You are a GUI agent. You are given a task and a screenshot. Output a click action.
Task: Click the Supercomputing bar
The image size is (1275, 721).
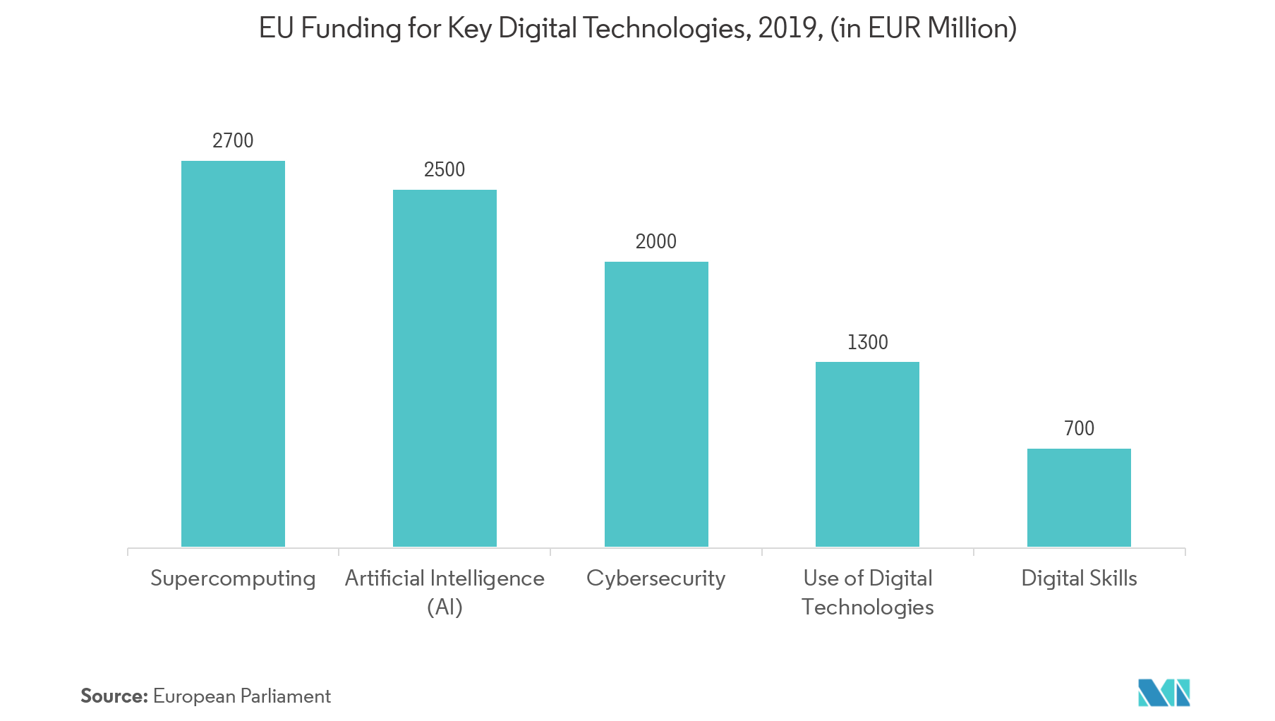[233, 353]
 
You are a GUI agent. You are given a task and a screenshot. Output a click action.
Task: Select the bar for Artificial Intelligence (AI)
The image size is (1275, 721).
[445, 367]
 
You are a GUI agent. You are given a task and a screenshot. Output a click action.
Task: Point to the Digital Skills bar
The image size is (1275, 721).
[1079, 497]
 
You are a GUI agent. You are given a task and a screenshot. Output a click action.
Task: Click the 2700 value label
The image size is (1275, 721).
[233, 140]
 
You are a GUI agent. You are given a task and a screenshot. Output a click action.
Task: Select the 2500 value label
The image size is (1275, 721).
[445, 169]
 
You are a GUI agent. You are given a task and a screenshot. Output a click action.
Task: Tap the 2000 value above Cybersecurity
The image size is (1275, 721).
[656, 241]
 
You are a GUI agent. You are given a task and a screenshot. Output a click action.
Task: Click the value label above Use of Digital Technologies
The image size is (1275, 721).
[868, 342]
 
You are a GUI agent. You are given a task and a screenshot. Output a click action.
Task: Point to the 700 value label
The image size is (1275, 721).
[1079, 428]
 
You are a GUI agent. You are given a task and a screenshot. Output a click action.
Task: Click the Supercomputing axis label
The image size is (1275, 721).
[233, 578]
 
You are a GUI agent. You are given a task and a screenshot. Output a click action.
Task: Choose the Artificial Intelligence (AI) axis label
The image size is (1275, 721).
[445, 592]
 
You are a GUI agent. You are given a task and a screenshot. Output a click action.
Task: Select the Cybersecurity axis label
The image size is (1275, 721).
[655, 578]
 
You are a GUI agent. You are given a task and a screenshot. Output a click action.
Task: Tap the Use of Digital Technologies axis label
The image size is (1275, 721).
[867, 592]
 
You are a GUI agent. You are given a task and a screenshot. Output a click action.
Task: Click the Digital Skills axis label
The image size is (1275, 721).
[1079, 578]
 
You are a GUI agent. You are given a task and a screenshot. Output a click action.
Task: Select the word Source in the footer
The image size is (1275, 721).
[114, 696]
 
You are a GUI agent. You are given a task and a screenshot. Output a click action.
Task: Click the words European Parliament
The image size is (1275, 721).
[242, 696]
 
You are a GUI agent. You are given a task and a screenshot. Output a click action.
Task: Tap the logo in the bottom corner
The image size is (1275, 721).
[1164, 693]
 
